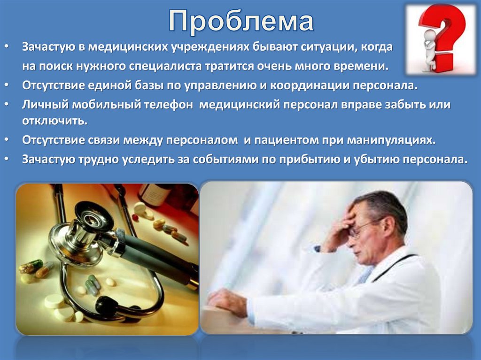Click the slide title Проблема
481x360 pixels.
pos(241,22)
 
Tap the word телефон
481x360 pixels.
pos(167,105)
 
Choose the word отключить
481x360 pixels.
pos(54,121)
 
